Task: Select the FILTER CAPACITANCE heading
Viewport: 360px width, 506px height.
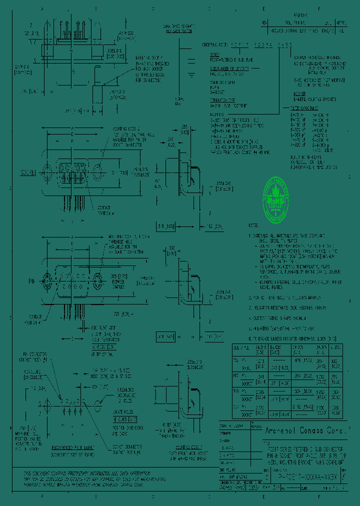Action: tap(306, 108)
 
